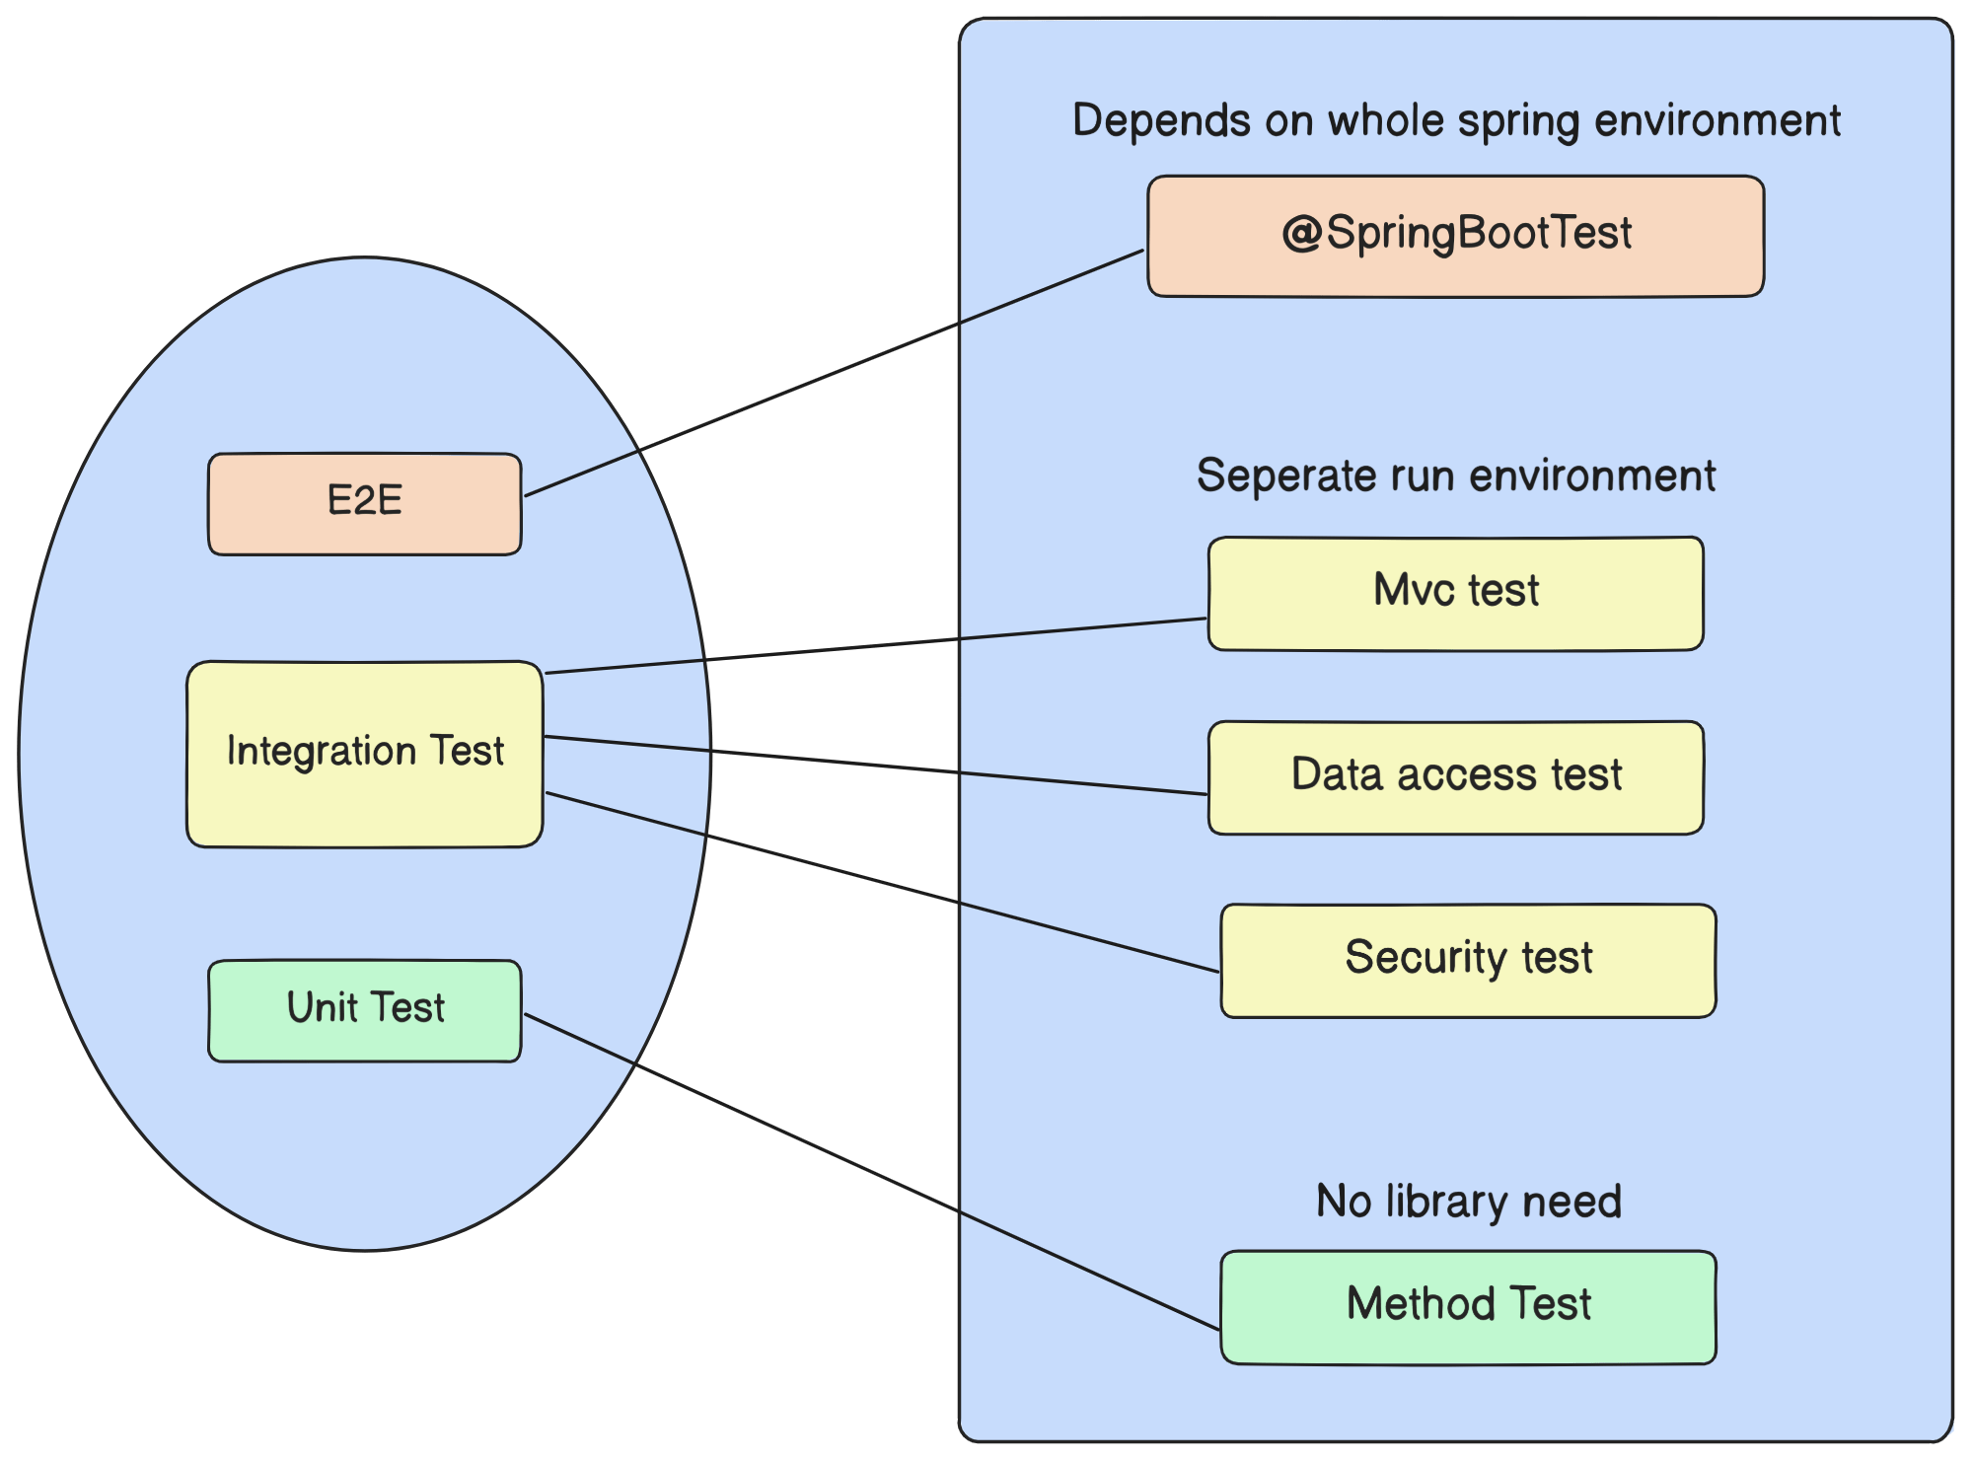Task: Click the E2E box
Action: coord(364,504)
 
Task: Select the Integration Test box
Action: coord(364,755)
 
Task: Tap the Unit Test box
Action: coord(364,1011)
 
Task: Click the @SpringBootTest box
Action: coord(1455,237)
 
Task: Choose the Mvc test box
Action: coord(1455,594)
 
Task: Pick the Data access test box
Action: coord(1455,777)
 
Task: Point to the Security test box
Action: coord(1468,961)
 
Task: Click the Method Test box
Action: coord(1468,1308)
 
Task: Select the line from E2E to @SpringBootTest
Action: coord(834,373)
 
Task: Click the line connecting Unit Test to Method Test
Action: coord(872,1171)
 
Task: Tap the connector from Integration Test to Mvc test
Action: coord(876,646)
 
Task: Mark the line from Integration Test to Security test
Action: coord(882,882)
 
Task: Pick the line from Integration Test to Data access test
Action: coord(876,765)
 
